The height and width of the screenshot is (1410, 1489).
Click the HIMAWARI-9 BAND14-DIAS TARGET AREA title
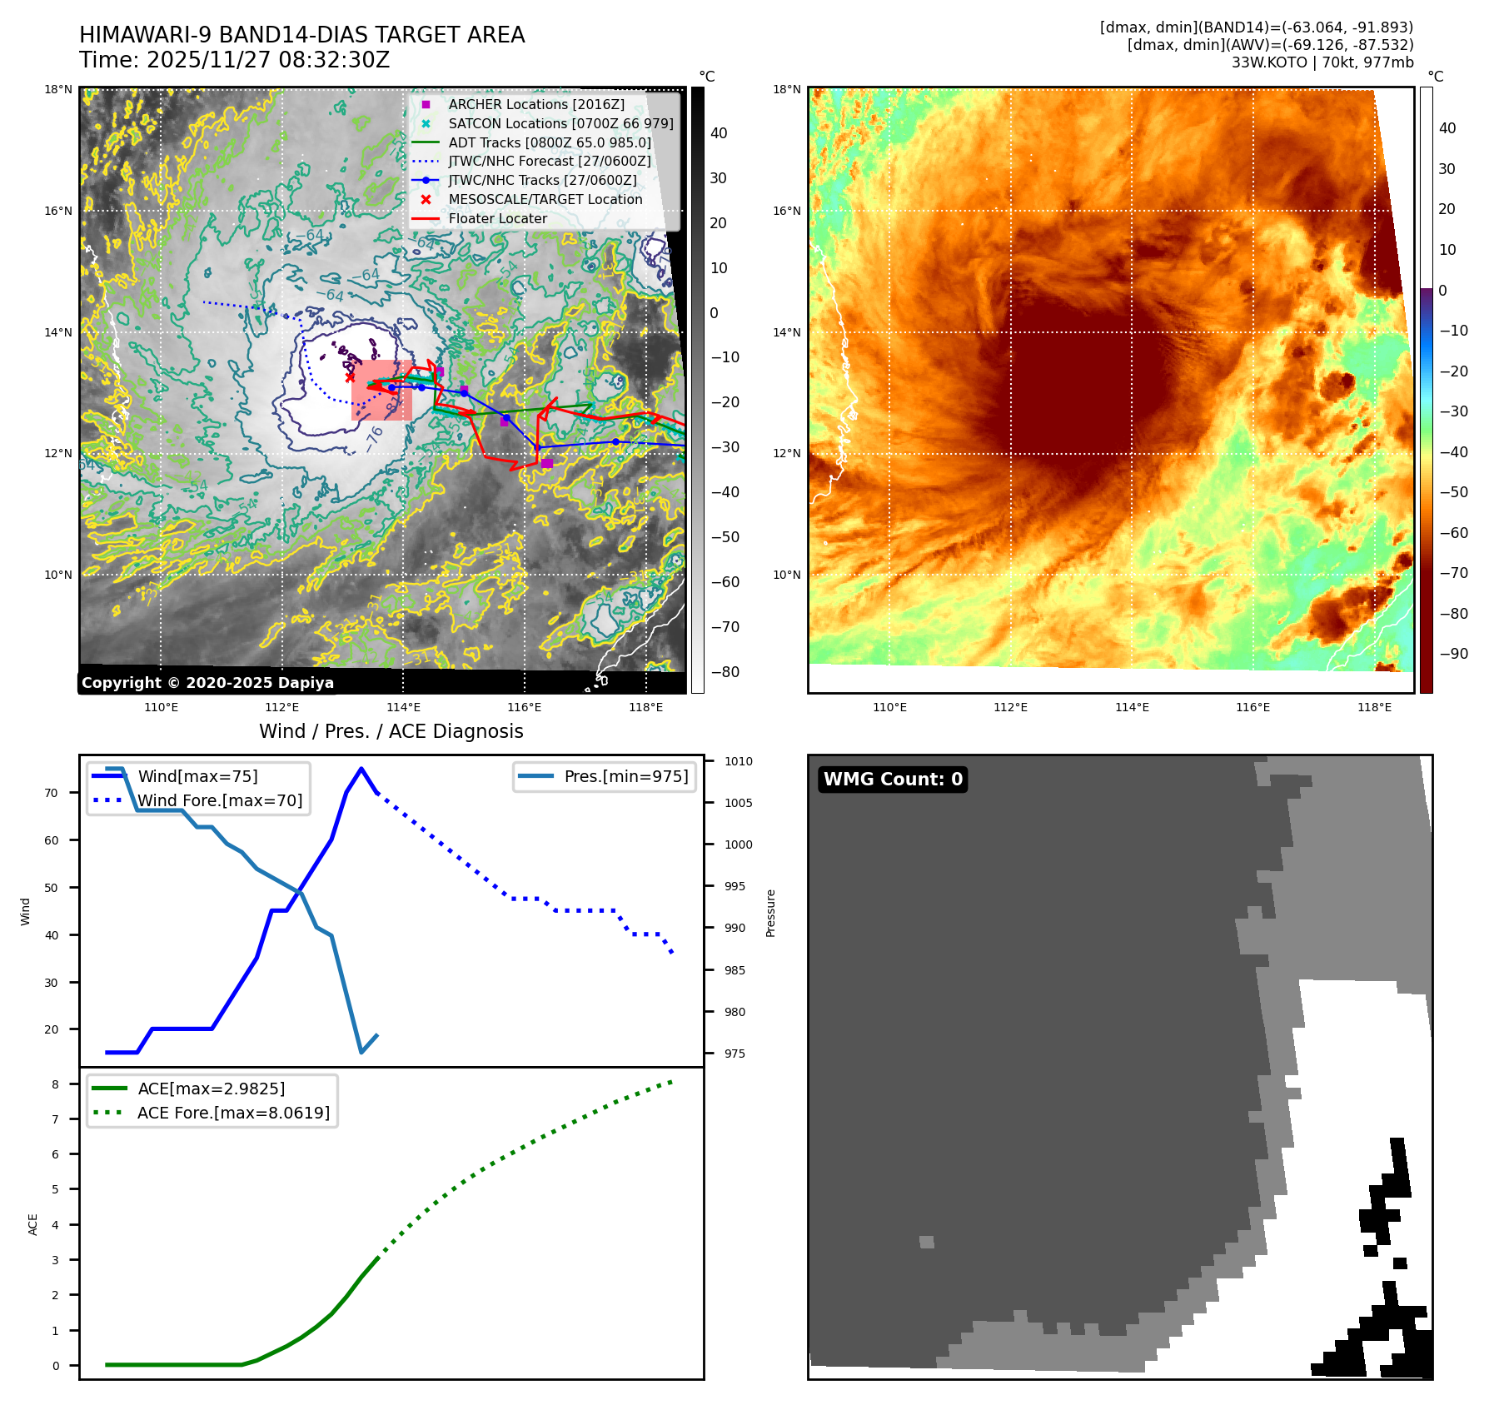[301, 35]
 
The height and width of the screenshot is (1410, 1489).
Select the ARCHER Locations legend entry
[535, 104]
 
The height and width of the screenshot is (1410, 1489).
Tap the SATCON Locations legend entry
[560, 123]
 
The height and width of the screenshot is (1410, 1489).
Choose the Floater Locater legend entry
[497, 218]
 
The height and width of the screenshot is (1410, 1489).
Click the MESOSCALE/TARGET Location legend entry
[545, 199]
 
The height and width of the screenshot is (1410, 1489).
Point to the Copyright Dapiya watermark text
[207, 683]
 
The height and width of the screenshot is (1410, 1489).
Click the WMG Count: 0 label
[893, 780]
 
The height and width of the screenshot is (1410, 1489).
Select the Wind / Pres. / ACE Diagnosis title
[391, 731]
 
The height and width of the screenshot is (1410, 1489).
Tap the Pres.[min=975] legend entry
[625, 776]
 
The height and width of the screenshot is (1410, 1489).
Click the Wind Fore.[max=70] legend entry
[220, 800]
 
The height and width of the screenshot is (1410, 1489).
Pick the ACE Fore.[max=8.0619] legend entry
[233, 1113]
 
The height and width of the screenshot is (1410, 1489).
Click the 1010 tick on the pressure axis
[738, 761]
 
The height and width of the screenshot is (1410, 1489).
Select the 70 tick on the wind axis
[52, 793]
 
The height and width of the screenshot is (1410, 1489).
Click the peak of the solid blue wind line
[361, 769]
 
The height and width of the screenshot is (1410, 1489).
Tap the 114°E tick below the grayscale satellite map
[403, 707]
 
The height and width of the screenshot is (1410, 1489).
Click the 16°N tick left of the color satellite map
[786, 211]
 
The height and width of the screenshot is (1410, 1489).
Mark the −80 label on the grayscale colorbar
[725, 672]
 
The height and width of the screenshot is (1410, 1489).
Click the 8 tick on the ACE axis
[56, 1084]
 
